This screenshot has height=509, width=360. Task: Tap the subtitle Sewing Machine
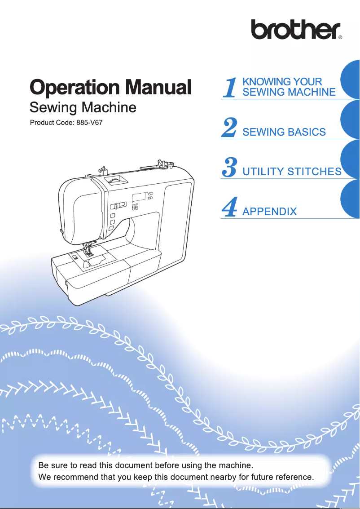click(x=83, y=108)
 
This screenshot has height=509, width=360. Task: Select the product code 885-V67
click(x=90, y=122)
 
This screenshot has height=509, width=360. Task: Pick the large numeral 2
click(x=229, y=128)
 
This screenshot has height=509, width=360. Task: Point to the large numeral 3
click(x=229, y=168)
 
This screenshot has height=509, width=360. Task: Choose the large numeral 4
click(x=229, y=207)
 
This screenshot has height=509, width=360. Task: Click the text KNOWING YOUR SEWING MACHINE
click(x=288, y=87)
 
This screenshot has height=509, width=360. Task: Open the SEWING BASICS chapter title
click(x=284, y=132)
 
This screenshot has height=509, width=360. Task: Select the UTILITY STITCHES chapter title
click(x=292, y=172)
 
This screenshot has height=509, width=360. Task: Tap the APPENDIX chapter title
click(x=269, y=211)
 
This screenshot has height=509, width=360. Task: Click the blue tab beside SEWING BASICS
click(x=351, y=120)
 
